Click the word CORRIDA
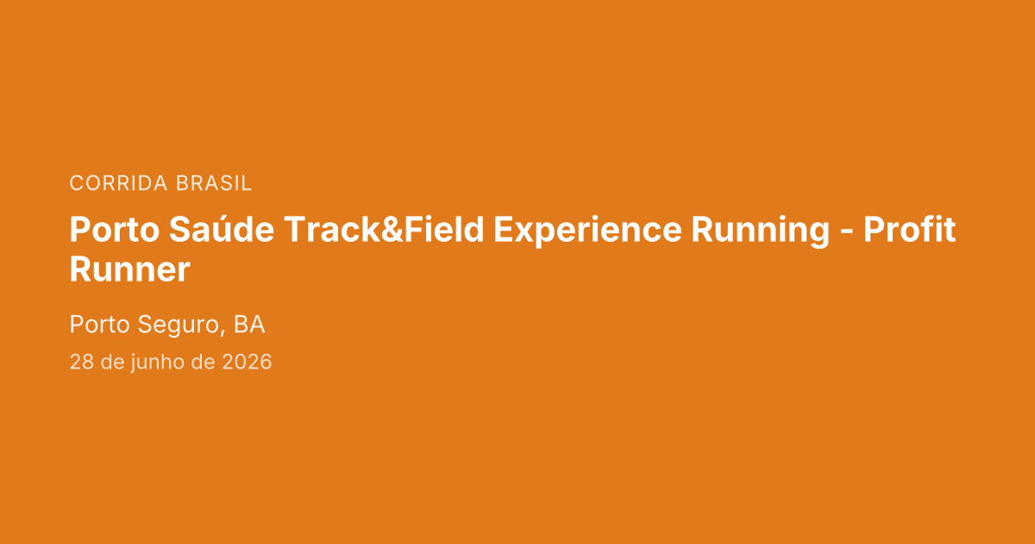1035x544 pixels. [x=118, y=183]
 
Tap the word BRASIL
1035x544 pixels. [x=214, y=183]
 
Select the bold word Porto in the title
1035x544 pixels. [x=115, y=230]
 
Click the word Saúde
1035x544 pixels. [x=222, y=229]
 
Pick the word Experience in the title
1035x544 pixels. [x=587, y=231]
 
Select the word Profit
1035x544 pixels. [x=909, y=229]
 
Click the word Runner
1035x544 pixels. [x=130, y=269]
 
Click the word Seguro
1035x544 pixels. [x=179, y=326]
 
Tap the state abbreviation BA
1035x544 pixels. [x=249, y=324]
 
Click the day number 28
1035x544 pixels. [x=82, y=362]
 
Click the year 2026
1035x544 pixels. [x=247, y=362]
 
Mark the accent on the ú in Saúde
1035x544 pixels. [x=239, y=217]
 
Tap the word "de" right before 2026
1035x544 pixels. [x=204, y=362]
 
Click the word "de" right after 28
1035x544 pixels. [x=113, y=362]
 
